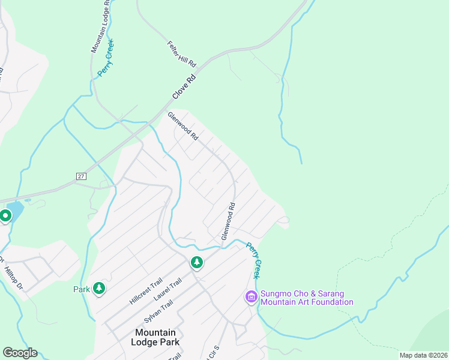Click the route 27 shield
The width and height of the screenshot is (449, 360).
point(82,176)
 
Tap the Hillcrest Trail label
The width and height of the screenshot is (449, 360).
point(146,290)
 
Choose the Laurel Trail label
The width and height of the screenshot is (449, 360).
point(167,291)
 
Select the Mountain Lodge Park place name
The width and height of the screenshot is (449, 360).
point(155,337)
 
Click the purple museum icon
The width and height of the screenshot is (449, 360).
point(251,296)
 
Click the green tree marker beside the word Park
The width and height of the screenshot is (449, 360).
point(98,289)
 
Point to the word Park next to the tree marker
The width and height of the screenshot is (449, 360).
point(82,289)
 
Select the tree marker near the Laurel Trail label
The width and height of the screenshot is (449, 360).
point(196,262)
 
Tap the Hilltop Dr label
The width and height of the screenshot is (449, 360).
point(13,275)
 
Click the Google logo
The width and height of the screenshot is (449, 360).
point(20,353)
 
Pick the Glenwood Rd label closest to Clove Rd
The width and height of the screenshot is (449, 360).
point(182,126)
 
